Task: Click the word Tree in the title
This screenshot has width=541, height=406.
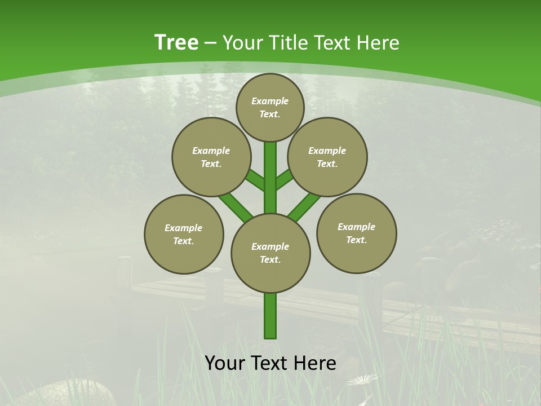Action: pos(176,42)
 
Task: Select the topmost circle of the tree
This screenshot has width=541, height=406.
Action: pos(270,107)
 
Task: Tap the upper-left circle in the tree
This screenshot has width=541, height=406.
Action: pos(211,157)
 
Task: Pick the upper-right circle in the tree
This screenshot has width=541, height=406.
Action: pos(327,157)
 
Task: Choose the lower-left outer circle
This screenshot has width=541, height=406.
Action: pos(184,234)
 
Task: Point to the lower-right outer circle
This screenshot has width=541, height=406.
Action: pos(356,233)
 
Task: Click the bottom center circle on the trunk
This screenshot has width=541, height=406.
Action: pos(270,253)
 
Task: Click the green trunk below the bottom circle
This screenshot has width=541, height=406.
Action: pos(270,316)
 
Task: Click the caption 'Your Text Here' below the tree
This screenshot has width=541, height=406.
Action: pos(270,363)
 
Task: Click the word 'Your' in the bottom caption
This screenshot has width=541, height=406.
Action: pos(225,363)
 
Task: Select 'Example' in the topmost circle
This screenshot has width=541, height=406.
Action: pos(270,101)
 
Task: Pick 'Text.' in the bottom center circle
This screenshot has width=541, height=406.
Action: pos(270,259)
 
